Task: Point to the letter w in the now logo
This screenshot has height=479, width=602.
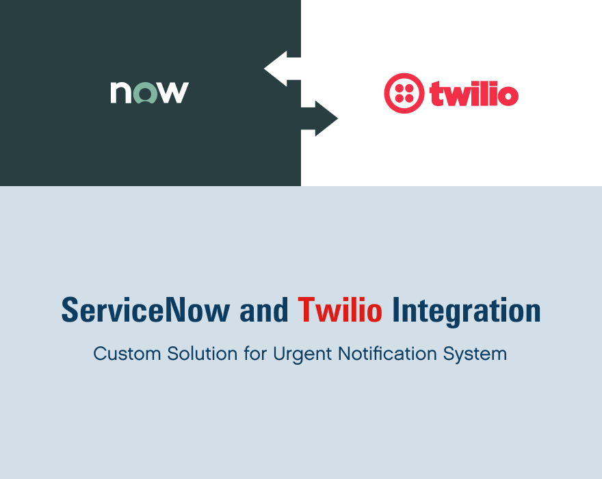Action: (172, 92)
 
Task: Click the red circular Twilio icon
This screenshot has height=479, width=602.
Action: (404, 93)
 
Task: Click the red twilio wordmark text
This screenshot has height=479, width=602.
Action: (473, 94)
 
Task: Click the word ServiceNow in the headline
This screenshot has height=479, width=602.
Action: (146, 311)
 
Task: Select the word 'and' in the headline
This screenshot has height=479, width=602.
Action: (263, 311)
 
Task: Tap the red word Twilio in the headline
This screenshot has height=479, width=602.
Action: (340, 311)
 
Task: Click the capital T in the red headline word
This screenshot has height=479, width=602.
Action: (306, 311)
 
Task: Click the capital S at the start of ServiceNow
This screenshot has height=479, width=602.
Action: (69, 311)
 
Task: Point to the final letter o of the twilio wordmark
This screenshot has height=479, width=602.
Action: (507, 96)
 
